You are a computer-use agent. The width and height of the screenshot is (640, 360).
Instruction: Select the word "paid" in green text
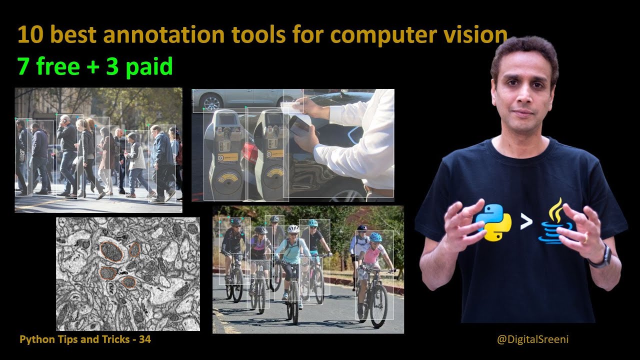coord(148,66)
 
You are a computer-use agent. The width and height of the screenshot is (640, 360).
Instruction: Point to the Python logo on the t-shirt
coord(493,222)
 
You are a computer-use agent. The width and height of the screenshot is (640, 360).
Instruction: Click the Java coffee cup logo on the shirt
coord(554,223)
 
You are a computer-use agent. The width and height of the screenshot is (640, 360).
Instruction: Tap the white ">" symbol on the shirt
coord(525,222)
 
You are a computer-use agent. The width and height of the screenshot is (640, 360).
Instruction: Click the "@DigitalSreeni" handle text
coord(532,339)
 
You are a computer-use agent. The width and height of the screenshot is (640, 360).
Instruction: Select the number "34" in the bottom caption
coord(145,339)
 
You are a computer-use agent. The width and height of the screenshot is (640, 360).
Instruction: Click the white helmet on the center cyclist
coord(293,228)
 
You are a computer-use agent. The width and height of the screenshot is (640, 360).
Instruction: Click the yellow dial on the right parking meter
coord(274,174)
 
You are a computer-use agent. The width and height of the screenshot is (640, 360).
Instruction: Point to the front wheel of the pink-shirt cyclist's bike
coord(378,304)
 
